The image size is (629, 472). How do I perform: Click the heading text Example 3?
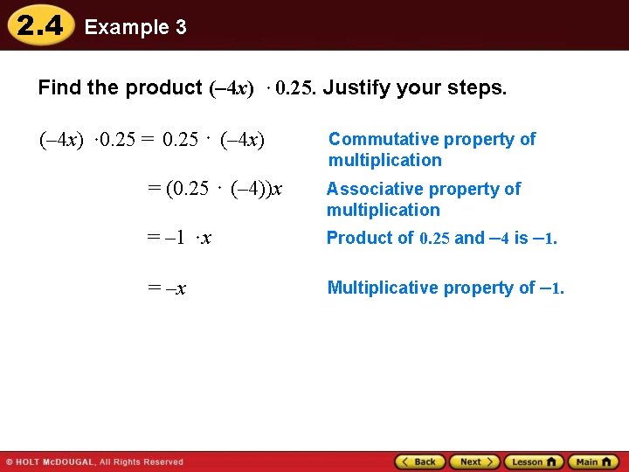tap(135, 27)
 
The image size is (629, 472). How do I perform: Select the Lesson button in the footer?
tap(533, 462)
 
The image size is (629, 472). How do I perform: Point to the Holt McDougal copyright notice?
tap(94, 462)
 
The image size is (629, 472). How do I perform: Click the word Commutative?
tap(383, 139)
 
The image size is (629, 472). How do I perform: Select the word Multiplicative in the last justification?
tap(383, 288)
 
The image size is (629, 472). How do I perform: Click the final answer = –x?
tap(166, 288)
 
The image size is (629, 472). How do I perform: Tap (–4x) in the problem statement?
tap(232, 88)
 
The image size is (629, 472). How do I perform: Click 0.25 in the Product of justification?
tap(434, 239)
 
